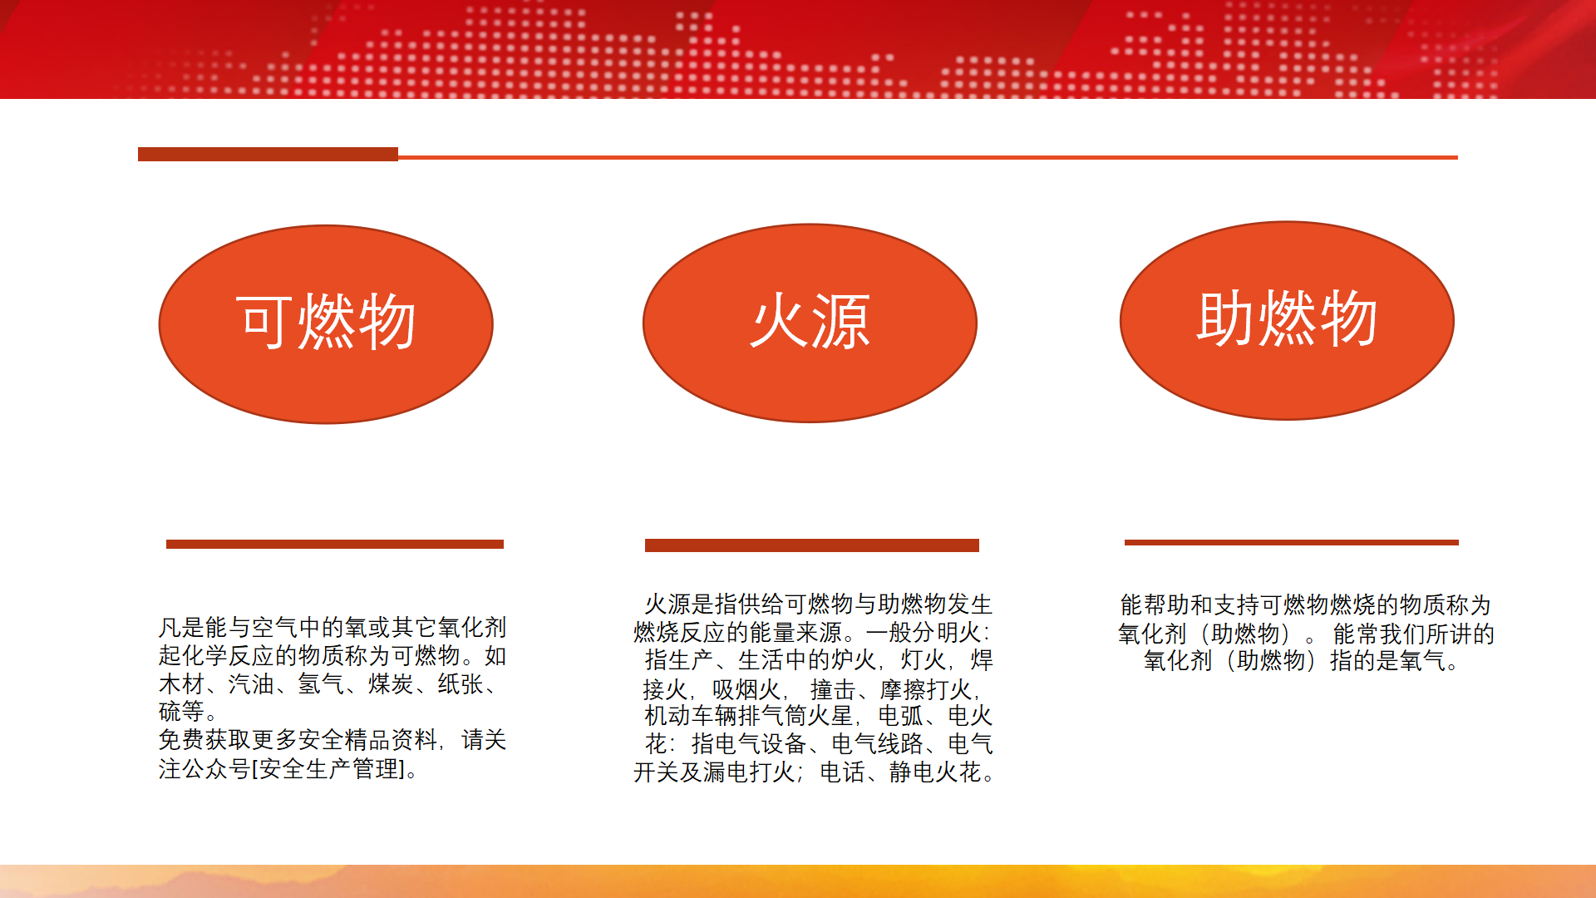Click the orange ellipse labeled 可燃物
[x=326, y=324]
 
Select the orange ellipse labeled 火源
[x=810, y=323]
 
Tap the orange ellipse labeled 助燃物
[x=1287, y=321]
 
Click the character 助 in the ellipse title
[x=1226, y=318]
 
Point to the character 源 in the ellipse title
[x=841, y=322]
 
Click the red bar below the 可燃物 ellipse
[x=335, y=545]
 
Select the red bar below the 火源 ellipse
[x=812, y=545]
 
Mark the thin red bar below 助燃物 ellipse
[x=1292, y=543]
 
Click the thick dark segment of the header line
[x=268, y=154]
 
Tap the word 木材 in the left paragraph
[x=181, y=684]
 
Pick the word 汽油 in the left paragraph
[x=251, y=684]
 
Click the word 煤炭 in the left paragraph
[x=391, y=684]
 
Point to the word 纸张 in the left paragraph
[x=461, y=684]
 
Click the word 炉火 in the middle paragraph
[x=855, y=660]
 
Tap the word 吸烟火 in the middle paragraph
[x=746, y=689]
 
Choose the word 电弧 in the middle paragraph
[x=901, y=716]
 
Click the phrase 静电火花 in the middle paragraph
[x=935, y=772]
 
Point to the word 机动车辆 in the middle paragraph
[x=691, y=716]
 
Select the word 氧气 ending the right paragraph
[x=1423, y=661]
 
